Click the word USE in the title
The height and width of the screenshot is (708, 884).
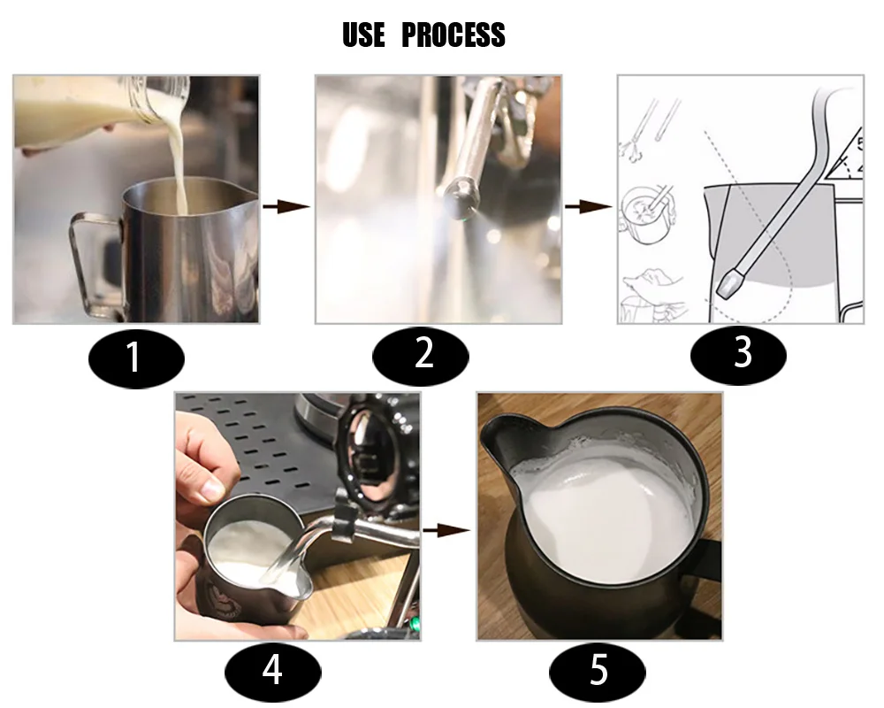click(x=363, y=35)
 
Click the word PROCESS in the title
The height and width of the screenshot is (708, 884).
click(x=453, y=35)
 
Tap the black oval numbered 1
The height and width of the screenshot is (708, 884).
click(x=136, y=358)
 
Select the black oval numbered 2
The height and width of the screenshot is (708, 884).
click(x=421, y=356)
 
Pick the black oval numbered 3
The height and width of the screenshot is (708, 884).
click(x=738, y=355)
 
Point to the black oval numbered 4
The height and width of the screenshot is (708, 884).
click(x=273, y=673)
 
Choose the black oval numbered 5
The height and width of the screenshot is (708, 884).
click(x=598, y=672)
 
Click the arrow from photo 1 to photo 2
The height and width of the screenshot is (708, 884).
click(x=286, y=206)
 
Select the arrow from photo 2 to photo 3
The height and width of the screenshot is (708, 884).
click(x=589, y=206)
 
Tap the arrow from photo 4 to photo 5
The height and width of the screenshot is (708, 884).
click(x=446, y=530)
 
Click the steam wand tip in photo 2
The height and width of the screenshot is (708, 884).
click(x=462, y=196)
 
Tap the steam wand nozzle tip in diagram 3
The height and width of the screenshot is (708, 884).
click(x=729, y=283)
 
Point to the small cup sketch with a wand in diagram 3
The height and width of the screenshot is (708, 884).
click(x=647, y=214)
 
